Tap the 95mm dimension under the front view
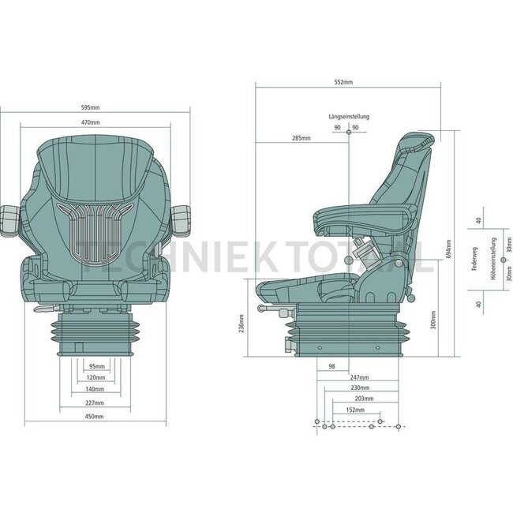pyautogui.click(x=96, y=367)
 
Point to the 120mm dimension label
pyautogui.click(x=96, y=378)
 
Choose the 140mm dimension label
pyautogui.click(x=96, y=389)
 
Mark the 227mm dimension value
pyautogui.click(x=95, y=404)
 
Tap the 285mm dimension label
pyautogui.click(x=301, y=138)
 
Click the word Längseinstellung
pyautogui.click(x=348, y=116)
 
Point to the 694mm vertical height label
pyautogui.click(x=447, y=250)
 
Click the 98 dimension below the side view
pyautogui.click(x=331, y=367)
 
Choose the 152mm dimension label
pyautogui.click(x=354, y=410)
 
